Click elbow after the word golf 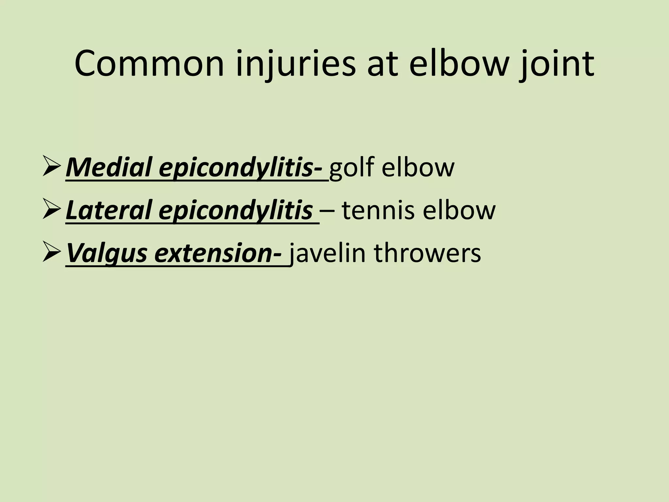pos(418,168)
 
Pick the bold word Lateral pos(110,210)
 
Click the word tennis pos(379,210)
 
